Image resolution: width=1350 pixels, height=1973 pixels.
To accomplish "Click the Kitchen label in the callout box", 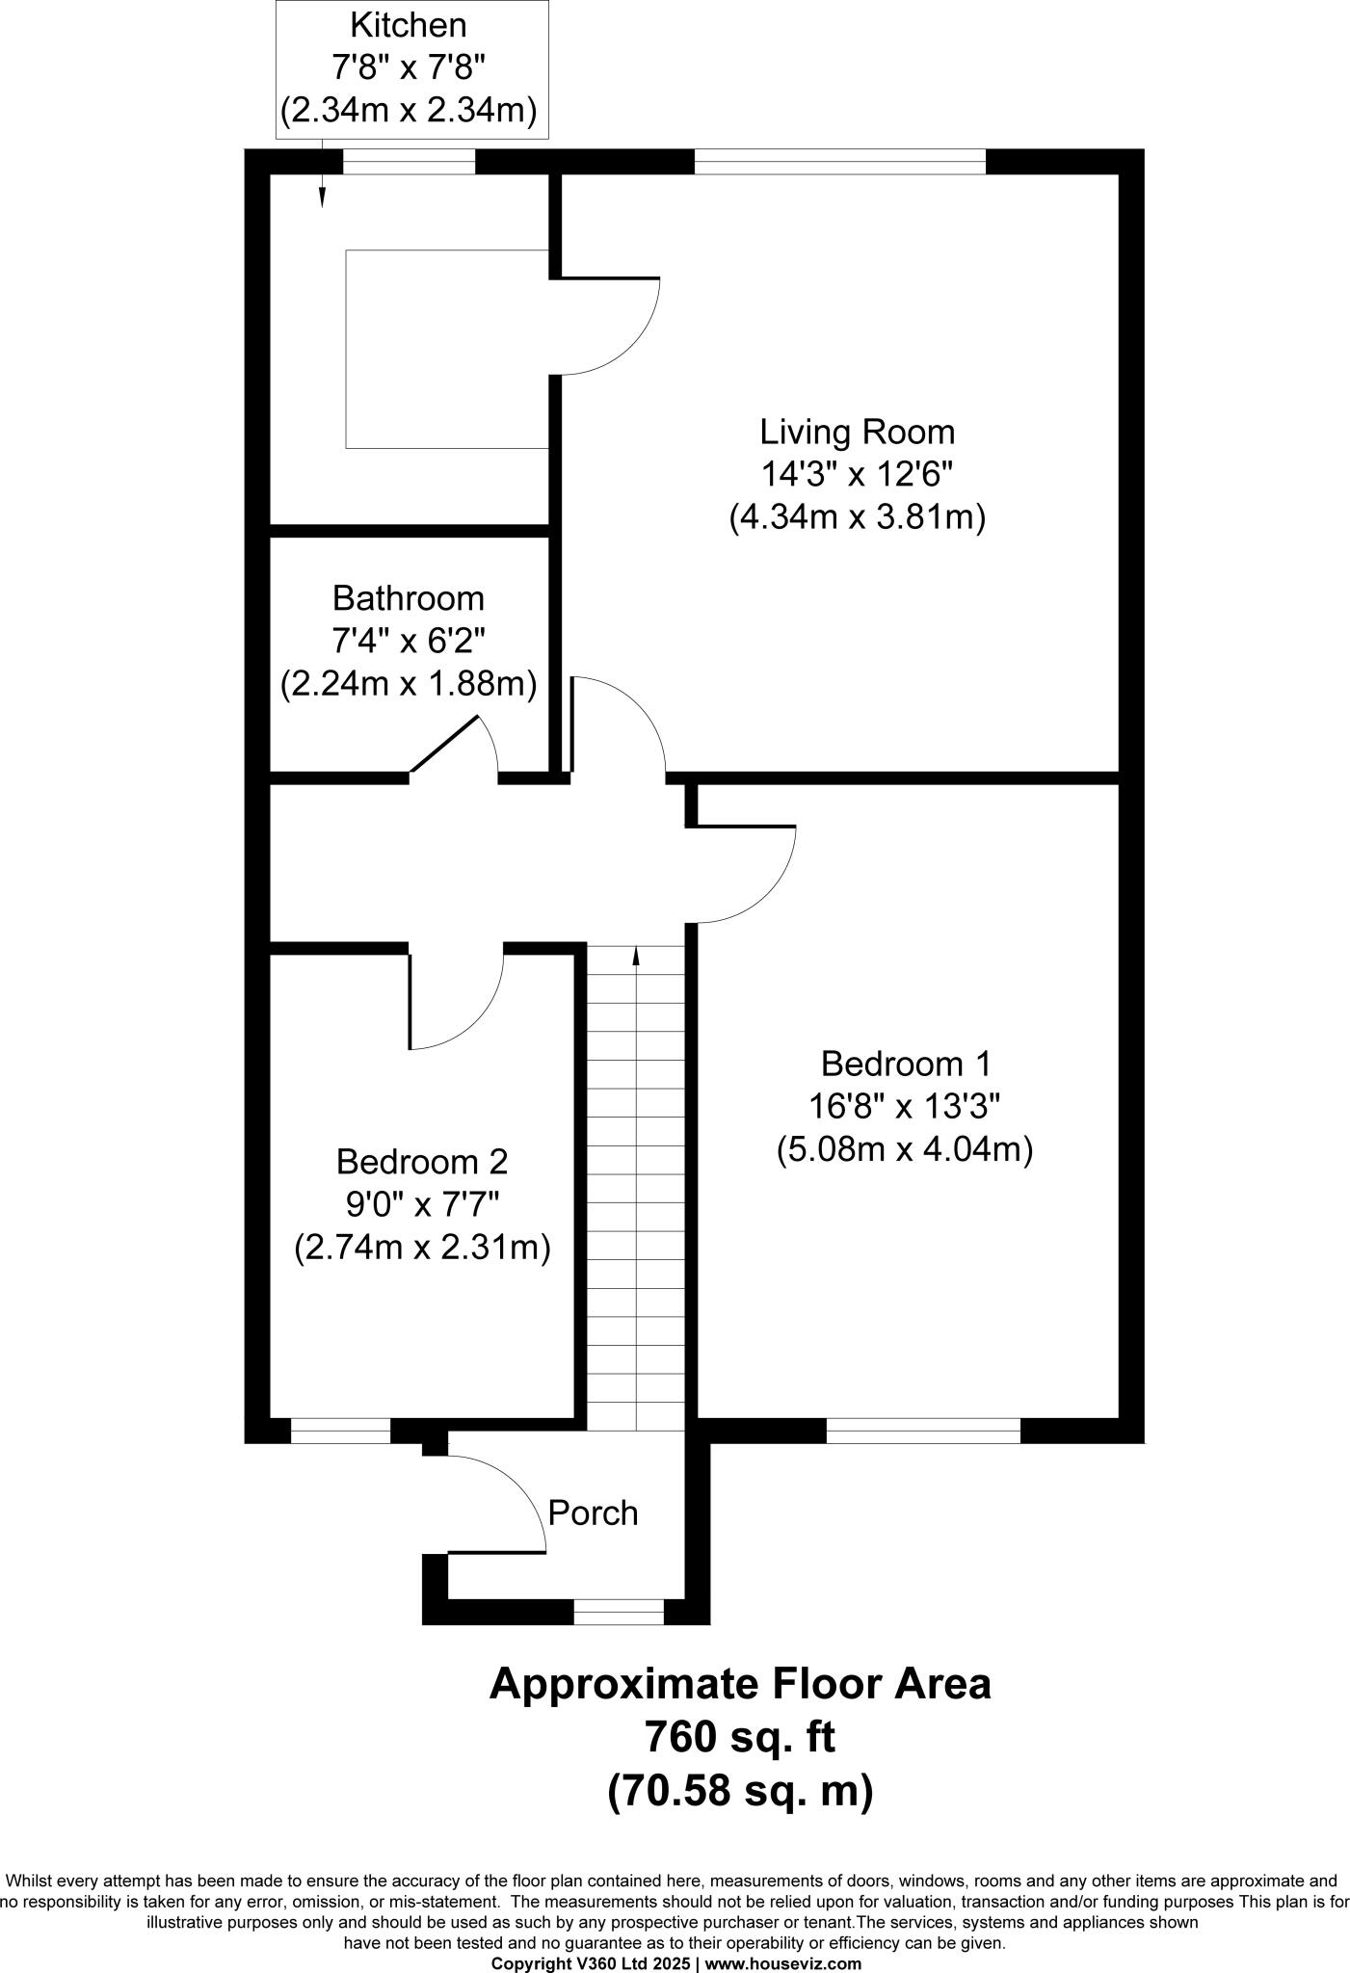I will (x=409, y=23).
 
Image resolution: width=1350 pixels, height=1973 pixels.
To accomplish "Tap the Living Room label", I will (x=857, y=432).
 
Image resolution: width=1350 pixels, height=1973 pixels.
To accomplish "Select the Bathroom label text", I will (x=409, y=598).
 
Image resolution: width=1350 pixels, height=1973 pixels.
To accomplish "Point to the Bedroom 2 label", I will (x=421, y=1162).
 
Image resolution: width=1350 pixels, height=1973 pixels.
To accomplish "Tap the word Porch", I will (x=593, y=1513).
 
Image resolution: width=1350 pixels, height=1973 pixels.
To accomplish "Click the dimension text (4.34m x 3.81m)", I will (x=857, y=518).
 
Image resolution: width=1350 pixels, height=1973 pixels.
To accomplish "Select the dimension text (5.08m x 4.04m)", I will (x=905, y=1150).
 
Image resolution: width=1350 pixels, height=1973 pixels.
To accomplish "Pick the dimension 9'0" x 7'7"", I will (x=421, y=1205).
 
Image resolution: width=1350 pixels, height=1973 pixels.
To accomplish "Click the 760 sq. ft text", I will (x=739, y=1738).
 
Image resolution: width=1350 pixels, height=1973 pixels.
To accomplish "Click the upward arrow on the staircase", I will (x=636, y=955).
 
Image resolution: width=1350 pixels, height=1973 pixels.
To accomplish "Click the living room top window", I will (x=839, y=161).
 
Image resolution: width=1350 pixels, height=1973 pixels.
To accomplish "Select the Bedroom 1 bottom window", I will (x=923, y=1431).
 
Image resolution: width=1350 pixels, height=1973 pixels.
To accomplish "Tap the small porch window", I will (x=619, y=1612).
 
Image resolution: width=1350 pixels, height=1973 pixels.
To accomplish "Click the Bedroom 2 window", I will (x=340, y=1431).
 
